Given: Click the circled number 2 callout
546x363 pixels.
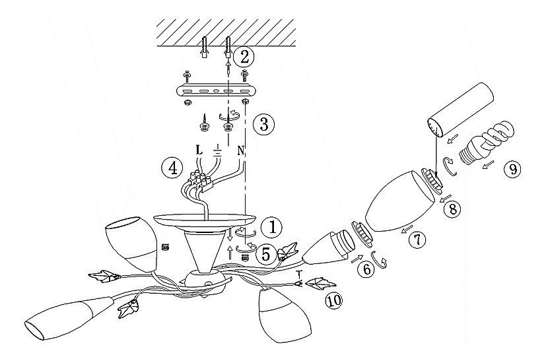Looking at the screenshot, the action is [244, 57].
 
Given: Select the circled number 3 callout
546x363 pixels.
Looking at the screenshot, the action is [263, 124].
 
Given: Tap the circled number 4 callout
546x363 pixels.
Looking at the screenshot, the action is [172, 168].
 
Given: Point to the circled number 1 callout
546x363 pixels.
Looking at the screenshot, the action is [273, 227].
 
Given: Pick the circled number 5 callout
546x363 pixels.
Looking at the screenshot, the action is [266, 255].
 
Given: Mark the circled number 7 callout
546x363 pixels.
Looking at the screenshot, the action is [417, 240].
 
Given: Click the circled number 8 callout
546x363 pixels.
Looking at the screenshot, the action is [452, 209].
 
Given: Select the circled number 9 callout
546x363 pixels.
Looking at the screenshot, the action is [512, 169].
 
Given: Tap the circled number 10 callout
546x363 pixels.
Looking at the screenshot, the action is [333, 300].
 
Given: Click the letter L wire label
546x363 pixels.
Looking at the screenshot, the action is [199, 150].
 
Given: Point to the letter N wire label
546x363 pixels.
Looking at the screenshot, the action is [240, 150].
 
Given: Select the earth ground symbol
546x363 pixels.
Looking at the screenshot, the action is [217, 150].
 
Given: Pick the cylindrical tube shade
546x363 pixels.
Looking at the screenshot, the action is [460, 110].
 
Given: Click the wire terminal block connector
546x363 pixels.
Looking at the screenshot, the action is [200, 182].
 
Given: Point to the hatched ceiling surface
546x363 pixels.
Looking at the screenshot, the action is [226, 32].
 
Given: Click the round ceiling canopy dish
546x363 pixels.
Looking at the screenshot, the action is [205, 221].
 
